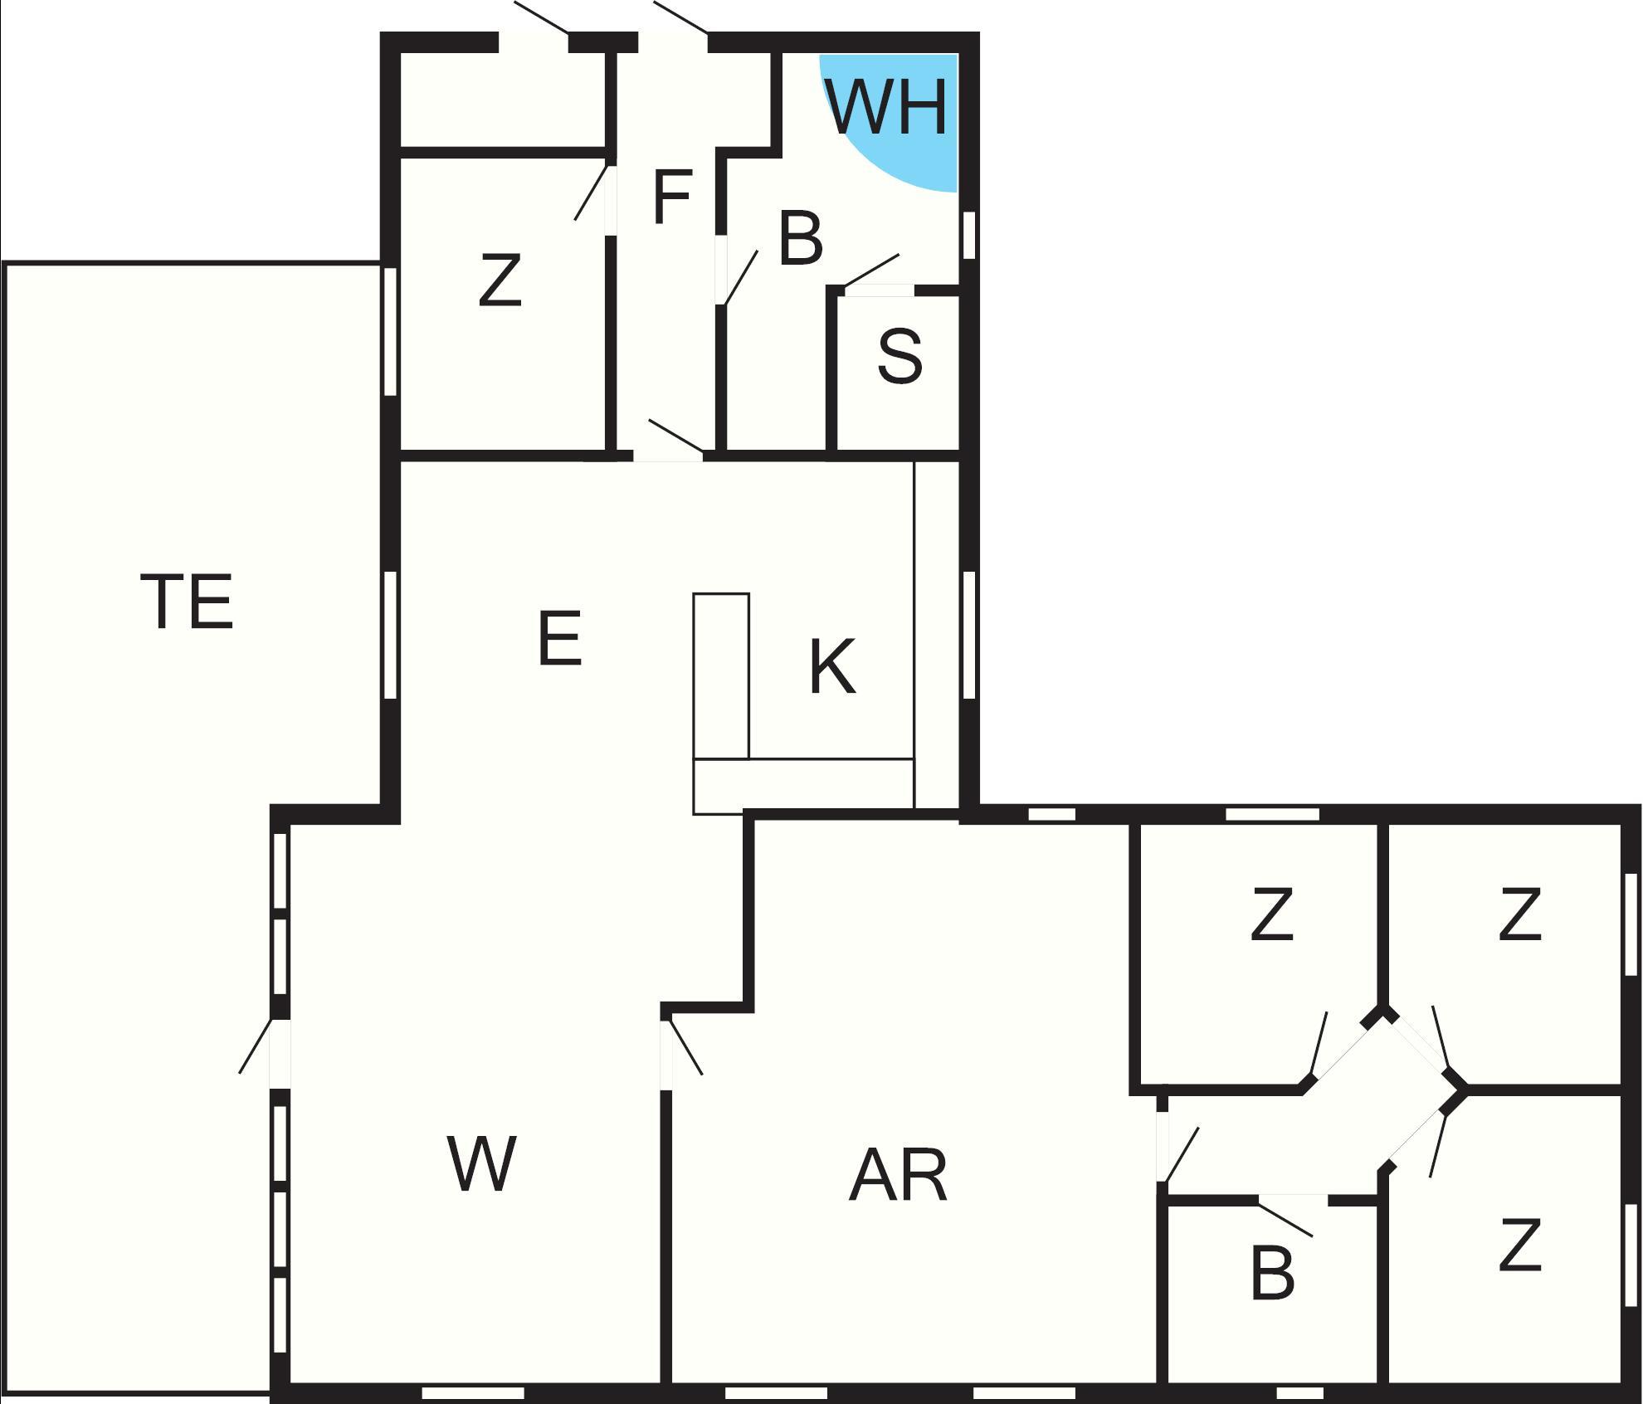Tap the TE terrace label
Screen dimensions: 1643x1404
tap(188, 602)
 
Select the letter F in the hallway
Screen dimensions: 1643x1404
tap(672, 197)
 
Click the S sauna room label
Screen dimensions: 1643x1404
tap(900, 357)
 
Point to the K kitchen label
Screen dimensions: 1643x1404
tap(832, 666)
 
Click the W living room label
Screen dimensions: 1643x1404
tap(482, 1163)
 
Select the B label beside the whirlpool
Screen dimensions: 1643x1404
tap(801, 239)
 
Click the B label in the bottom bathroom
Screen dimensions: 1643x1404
tap(1272, 1273)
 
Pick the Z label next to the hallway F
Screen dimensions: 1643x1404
tap(500, 280)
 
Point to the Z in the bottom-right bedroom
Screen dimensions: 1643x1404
tap(1520, 1245)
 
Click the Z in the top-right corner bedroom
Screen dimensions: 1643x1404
tap(1520, 914)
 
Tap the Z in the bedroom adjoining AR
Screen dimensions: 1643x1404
tap(1272, 914)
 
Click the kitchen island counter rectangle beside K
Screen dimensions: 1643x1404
tap(721, 675)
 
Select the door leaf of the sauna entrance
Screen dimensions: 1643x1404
tap(870, 271)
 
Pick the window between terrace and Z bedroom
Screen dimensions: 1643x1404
tap(391, 331)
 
